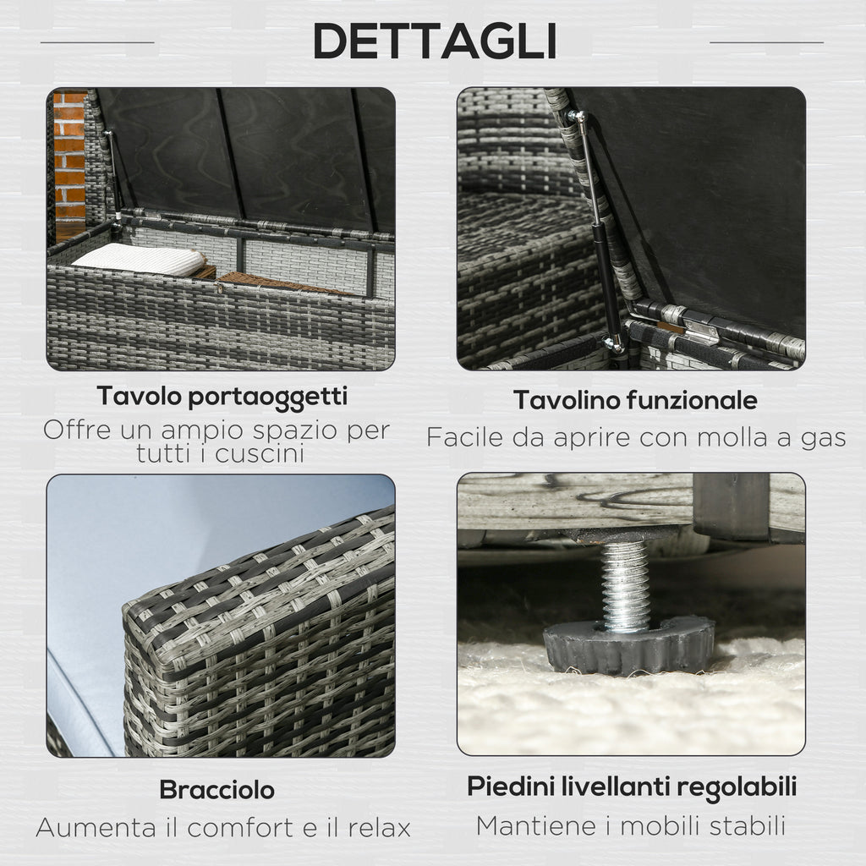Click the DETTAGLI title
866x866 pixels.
434,41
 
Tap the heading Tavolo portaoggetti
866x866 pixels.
222,397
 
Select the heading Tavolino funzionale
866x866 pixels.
635,400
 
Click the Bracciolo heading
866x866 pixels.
217,790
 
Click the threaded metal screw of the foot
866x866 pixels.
625,585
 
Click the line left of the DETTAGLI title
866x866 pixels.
97,42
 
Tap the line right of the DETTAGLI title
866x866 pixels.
766,42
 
